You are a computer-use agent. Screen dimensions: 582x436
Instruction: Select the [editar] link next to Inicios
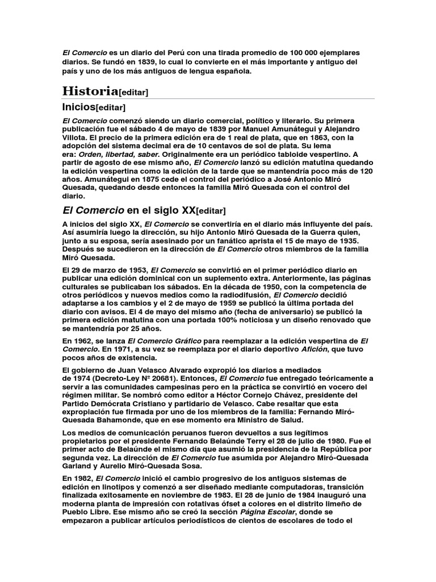111,107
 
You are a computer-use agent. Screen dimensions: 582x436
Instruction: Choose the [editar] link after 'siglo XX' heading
211,211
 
